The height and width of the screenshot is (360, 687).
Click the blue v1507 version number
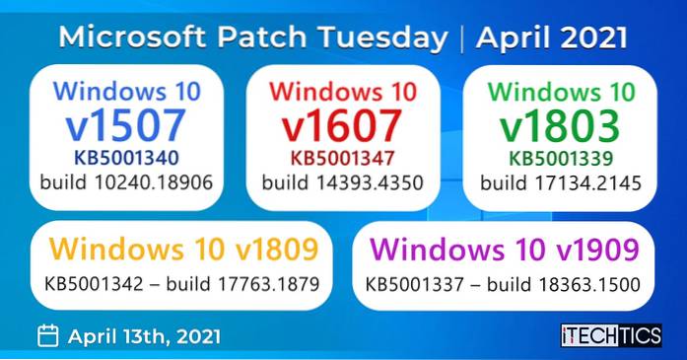coord(125,126)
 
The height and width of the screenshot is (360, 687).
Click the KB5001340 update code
coord(126,157)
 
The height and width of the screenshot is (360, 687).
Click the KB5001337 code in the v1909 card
coord(411,283)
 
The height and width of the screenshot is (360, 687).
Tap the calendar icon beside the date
coord(46,335)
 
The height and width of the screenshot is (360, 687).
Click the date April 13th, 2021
coord(144,335)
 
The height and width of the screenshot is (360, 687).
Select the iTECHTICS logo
coord(610,335)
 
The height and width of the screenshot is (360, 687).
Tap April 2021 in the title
coord(552,37)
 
